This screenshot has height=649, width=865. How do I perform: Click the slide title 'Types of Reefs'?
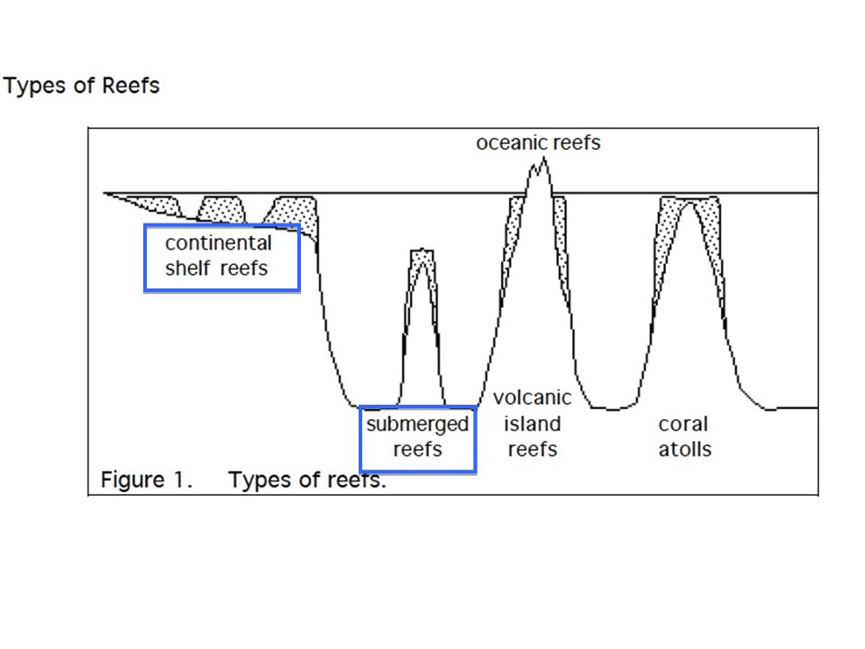81,87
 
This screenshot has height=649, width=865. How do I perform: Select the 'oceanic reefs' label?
538,143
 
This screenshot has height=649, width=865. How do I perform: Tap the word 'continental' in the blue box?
218,243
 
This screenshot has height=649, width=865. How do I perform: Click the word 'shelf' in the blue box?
186,268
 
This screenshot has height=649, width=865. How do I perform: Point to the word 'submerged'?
417,425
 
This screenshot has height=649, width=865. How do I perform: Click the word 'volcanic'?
532,398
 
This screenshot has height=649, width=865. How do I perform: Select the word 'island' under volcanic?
532,424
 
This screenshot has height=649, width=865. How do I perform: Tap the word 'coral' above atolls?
683,424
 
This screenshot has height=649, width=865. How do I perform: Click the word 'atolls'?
684,449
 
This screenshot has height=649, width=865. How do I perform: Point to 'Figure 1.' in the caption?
146,480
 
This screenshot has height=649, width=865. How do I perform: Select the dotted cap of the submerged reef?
422,260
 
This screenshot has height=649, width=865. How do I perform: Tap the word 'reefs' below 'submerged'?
417,449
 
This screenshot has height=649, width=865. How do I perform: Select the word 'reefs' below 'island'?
532,449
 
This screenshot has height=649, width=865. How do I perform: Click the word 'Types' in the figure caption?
256,480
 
